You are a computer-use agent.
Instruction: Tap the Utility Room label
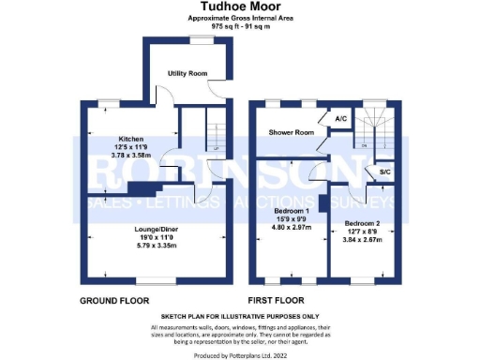click(187, 73)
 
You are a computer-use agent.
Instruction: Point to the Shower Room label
click(291, 133)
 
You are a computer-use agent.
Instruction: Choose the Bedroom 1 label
click(290, 211)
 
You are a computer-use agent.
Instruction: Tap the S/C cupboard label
click(384, 173)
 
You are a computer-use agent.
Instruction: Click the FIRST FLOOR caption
click(280, 302)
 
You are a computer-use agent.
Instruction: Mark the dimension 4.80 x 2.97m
click(290, 228)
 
